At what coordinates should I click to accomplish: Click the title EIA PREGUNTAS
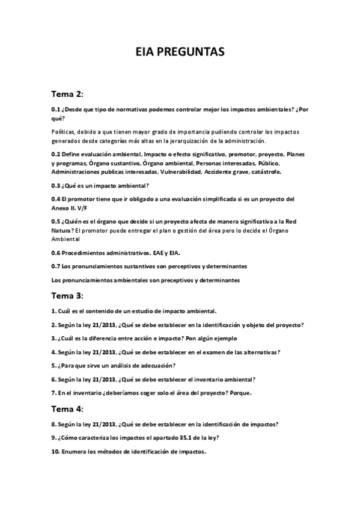[x=180, y=54]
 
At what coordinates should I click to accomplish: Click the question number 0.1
[x=56, y=109]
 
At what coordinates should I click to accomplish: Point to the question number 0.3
[x=56, y=185]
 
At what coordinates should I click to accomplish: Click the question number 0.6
[x=56, y=253]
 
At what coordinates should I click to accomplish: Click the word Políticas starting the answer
[x=65, y=132]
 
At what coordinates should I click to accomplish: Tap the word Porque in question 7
[x=239, y=393]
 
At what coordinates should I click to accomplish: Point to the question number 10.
[x=55, y=452]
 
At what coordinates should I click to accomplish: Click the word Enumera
[x=75, y=452]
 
